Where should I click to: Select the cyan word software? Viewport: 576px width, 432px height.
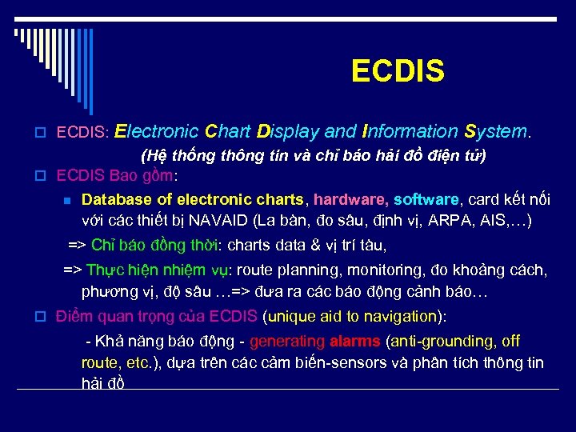click(427, 199)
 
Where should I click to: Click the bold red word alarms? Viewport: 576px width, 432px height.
click(355, 342)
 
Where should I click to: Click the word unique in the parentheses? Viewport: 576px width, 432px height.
click(299, 315)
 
